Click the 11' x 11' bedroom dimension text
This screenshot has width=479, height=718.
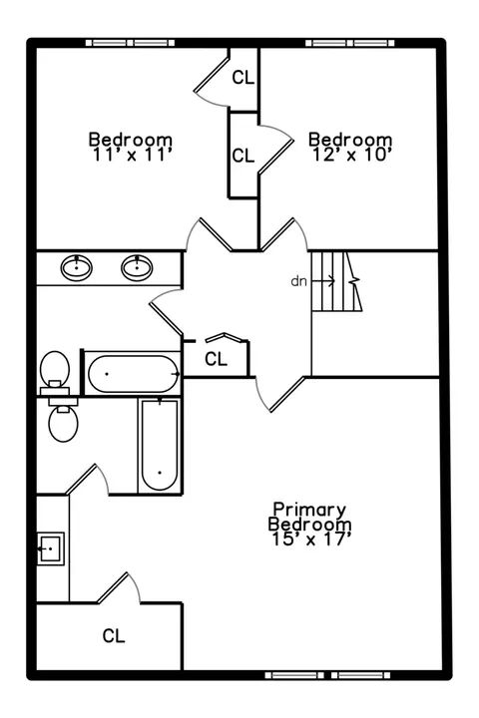[132, 155]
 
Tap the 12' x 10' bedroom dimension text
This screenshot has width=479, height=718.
[352, 155]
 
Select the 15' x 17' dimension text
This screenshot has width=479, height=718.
[311, 538]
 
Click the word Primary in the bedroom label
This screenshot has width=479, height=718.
[309, 510]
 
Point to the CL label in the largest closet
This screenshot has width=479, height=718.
[114, 635]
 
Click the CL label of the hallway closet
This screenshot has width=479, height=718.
[216, 359]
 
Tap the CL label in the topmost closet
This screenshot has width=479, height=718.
[242, 78]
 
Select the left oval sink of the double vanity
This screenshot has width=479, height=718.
[77, 268]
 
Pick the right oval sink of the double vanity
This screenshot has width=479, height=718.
[137, 268]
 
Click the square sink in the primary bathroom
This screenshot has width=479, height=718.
[50, 548]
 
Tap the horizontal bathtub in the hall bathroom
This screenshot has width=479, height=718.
[133, 374]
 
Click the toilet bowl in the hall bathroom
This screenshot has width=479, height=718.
[55, 367]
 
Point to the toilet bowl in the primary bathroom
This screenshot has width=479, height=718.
[63, 425]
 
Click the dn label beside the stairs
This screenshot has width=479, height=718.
[298, 281]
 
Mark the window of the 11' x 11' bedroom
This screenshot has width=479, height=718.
[131, 43]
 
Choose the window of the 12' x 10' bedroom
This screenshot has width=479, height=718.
[350, 43]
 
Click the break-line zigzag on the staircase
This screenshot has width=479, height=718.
[354, 281]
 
